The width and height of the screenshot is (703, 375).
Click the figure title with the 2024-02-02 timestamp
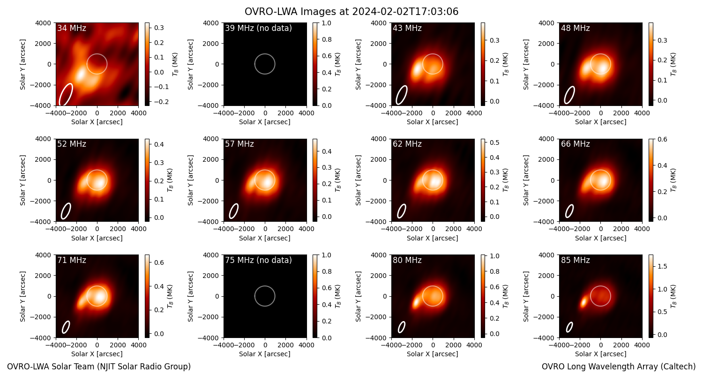(351, 12)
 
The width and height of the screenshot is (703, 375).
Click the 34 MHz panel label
(72, 28)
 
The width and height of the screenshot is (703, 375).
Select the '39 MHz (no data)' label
(258, 28)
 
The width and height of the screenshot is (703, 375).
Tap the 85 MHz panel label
(575, 260)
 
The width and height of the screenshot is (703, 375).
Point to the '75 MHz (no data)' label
(258, 260)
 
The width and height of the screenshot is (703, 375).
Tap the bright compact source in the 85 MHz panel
(583, 302)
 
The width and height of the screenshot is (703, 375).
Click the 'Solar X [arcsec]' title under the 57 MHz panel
(265, 238)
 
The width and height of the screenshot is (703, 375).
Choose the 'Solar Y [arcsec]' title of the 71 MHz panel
(22, 296)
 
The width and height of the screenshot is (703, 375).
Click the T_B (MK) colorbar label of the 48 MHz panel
(673, 64)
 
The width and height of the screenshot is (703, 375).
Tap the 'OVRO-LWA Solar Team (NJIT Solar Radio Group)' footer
(99, 367)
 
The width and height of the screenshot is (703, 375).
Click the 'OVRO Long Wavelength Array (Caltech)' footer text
(619, 367)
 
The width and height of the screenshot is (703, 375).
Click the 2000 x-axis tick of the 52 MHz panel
(118, 229)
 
